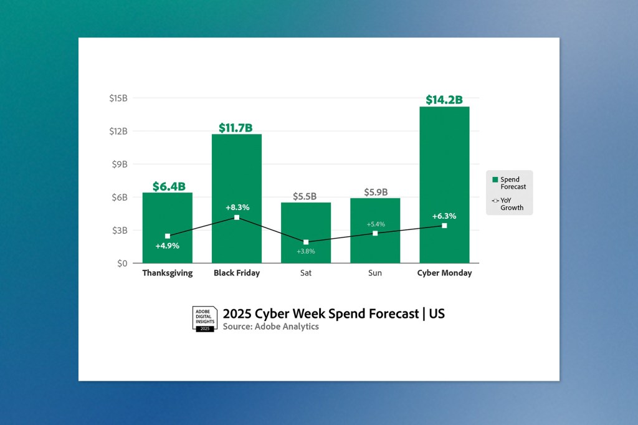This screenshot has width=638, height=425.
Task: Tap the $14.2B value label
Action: click(444, 100)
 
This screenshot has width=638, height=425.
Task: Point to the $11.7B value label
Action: click(236, 128)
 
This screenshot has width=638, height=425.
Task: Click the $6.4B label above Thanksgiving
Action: click(169, 186)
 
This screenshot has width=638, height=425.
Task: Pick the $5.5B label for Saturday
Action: click(305, 196)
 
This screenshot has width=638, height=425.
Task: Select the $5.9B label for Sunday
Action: click(375, 192)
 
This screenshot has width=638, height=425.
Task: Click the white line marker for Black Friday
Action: click(237, 217)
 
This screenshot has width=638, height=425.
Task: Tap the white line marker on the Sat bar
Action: click(306, 242)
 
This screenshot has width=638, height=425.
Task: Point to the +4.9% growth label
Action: click(168, 246)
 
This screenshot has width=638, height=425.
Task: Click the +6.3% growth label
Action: click(444, 216)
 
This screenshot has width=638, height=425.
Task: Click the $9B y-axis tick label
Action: click(118, 164)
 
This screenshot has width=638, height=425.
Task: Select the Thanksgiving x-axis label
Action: click(168, 273)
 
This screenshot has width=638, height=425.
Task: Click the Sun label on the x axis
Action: click(375, 273)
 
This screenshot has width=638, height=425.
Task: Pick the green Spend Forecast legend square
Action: click(495, 179)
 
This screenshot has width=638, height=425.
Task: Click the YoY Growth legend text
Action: click(512, 204)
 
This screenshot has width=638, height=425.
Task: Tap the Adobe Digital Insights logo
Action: click(204, 319)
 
